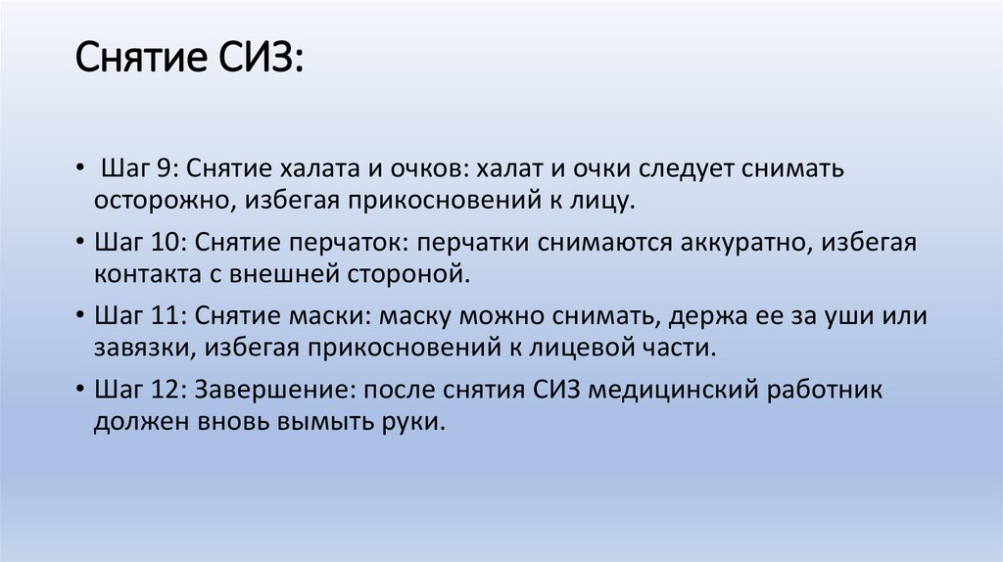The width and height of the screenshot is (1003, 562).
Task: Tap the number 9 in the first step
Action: click(x=166, y=168)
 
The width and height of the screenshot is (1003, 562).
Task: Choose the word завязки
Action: click(x=137, y=349)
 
